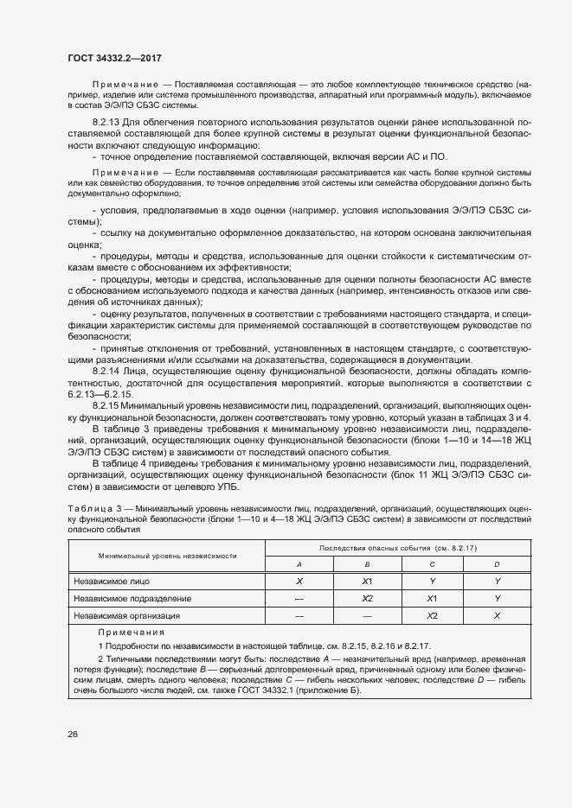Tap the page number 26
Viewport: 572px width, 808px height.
pyautogui.click(x=72, y=735)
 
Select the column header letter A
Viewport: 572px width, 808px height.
pyautogui.click(x=299, y=563)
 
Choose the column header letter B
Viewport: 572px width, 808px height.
pyautogui.click(x=366, y=563)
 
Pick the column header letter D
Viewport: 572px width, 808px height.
pyautogui.click(x=498, y=563)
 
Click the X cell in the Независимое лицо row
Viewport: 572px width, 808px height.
pyautogui.click(x=299, y=581)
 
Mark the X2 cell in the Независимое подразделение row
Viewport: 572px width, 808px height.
pyautogui.click(x=366, y=598)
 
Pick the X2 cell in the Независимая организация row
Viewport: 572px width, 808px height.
pyautogui.click(x=433, y=616)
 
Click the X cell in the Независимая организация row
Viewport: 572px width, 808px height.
pyautogui.click(x=498, y=616)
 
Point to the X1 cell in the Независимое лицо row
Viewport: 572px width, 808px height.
pyautogui.click(x=366, y=581)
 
